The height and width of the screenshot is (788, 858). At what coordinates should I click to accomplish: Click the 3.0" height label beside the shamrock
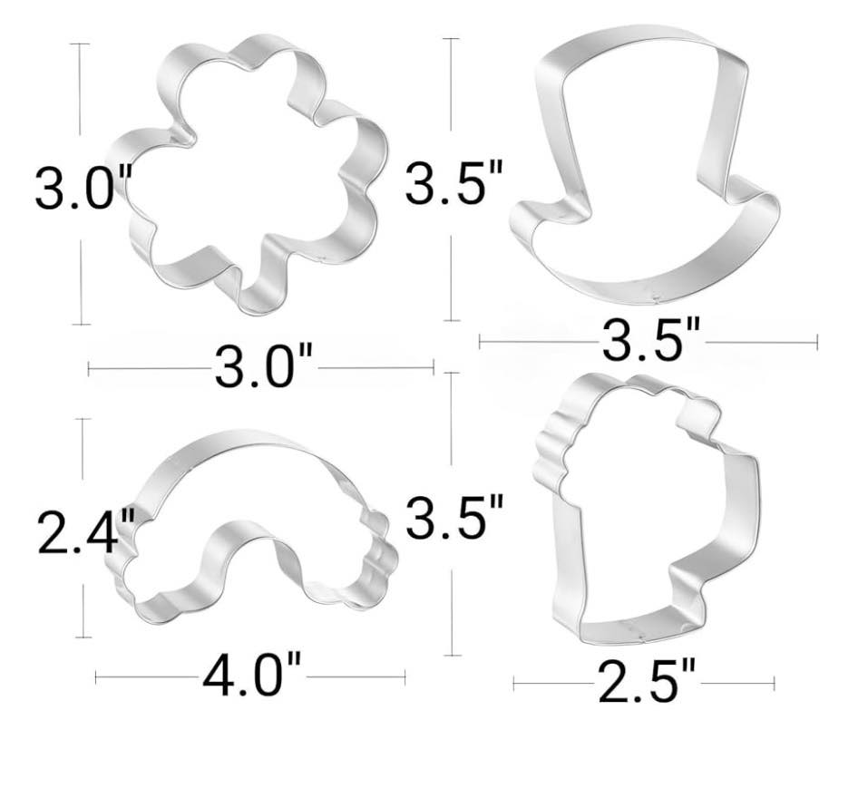click(x=83, y=187)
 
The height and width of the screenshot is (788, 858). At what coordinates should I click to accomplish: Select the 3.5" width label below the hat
click(x=650, y=340)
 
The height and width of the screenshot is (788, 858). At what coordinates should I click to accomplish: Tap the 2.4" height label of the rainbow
click(x=86, y=530)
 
